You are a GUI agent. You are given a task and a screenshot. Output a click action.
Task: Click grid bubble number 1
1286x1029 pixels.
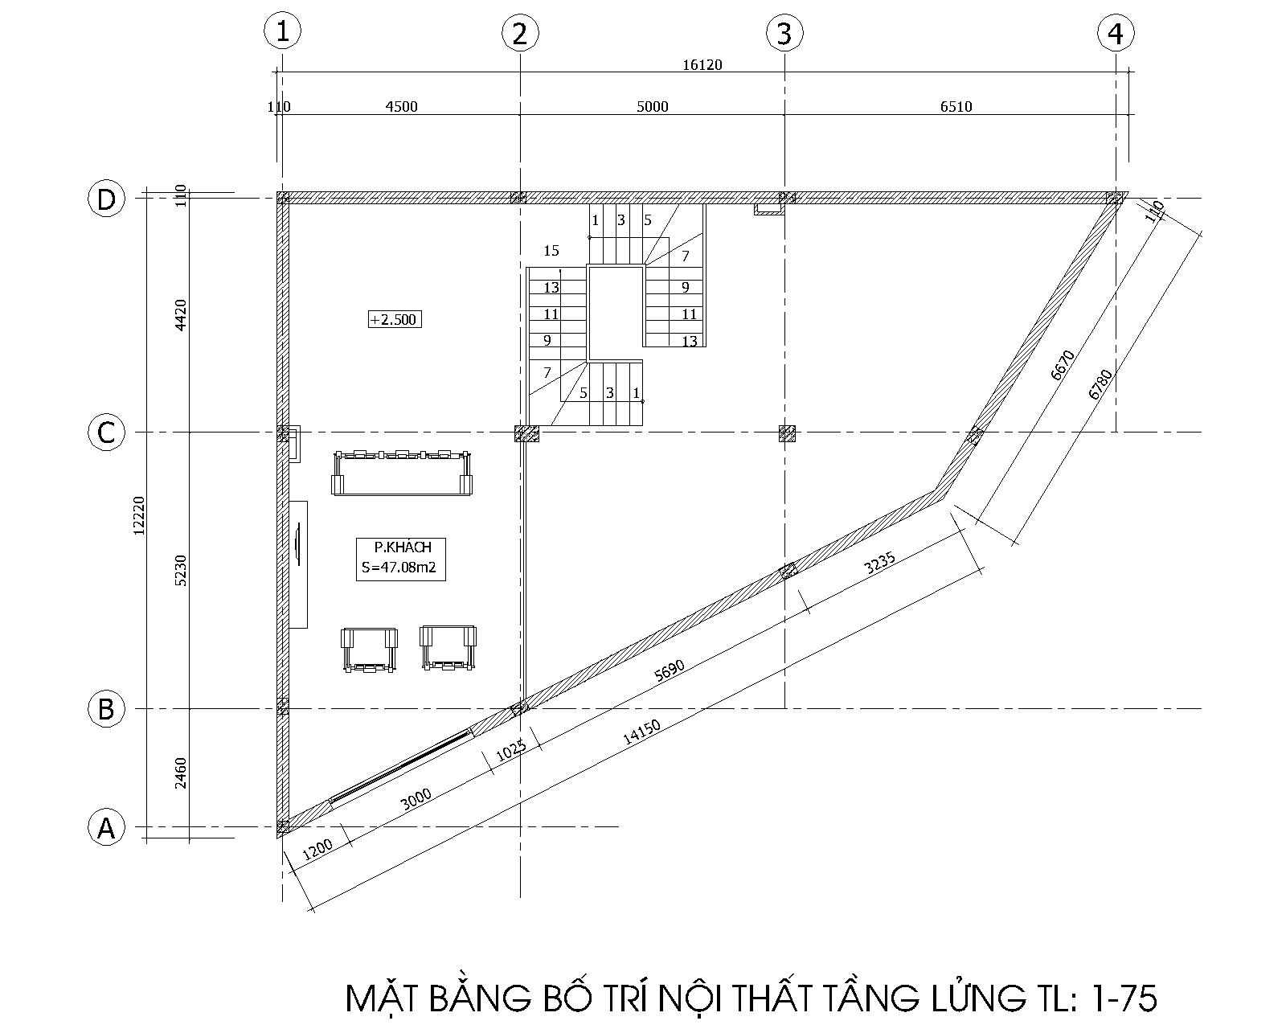(x=282, y=31)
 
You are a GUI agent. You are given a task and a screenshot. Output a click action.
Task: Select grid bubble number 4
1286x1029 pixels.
(x=1116, y=33)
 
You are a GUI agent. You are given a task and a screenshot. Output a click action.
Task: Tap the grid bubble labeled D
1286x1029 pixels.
(x=106, y=199)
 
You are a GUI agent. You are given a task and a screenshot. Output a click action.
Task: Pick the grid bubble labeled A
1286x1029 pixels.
(x=106, y=827)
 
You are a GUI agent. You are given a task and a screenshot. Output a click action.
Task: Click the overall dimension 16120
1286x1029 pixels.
(x=702, y=64)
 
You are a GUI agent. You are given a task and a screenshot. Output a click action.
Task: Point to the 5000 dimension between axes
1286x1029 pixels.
(x=652, y=106)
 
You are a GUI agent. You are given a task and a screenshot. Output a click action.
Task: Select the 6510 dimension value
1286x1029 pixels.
(x=956, y=106)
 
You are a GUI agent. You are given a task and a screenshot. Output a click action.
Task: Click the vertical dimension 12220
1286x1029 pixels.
(x=138, y=514)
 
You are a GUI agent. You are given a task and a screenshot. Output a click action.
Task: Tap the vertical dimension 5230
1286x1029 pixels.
(x=181, y=570)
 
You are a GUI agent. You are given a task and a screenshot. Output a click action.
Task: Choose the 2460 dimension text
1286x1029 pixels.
(x=181, y=773)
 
